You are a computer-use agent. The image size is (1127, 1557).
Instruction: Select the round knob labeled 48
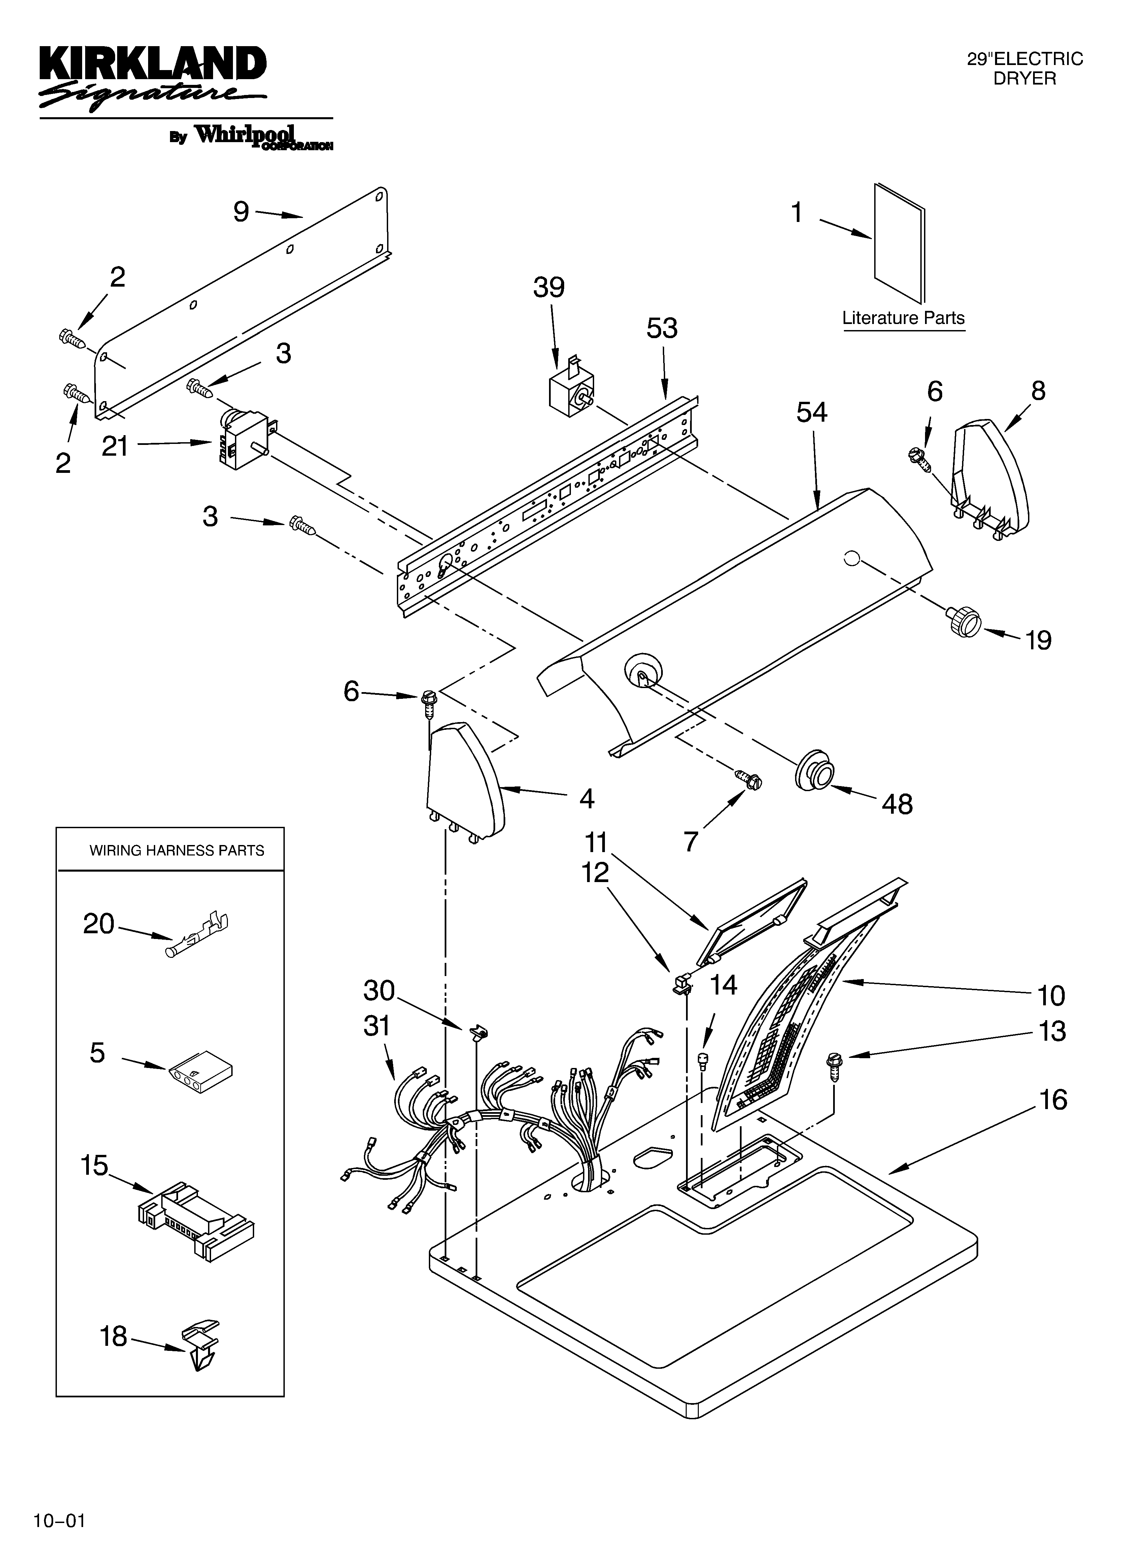pos(815,769)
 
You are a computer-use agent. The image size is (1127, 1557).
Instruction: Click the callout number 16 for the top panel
pos(1053,1100)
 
